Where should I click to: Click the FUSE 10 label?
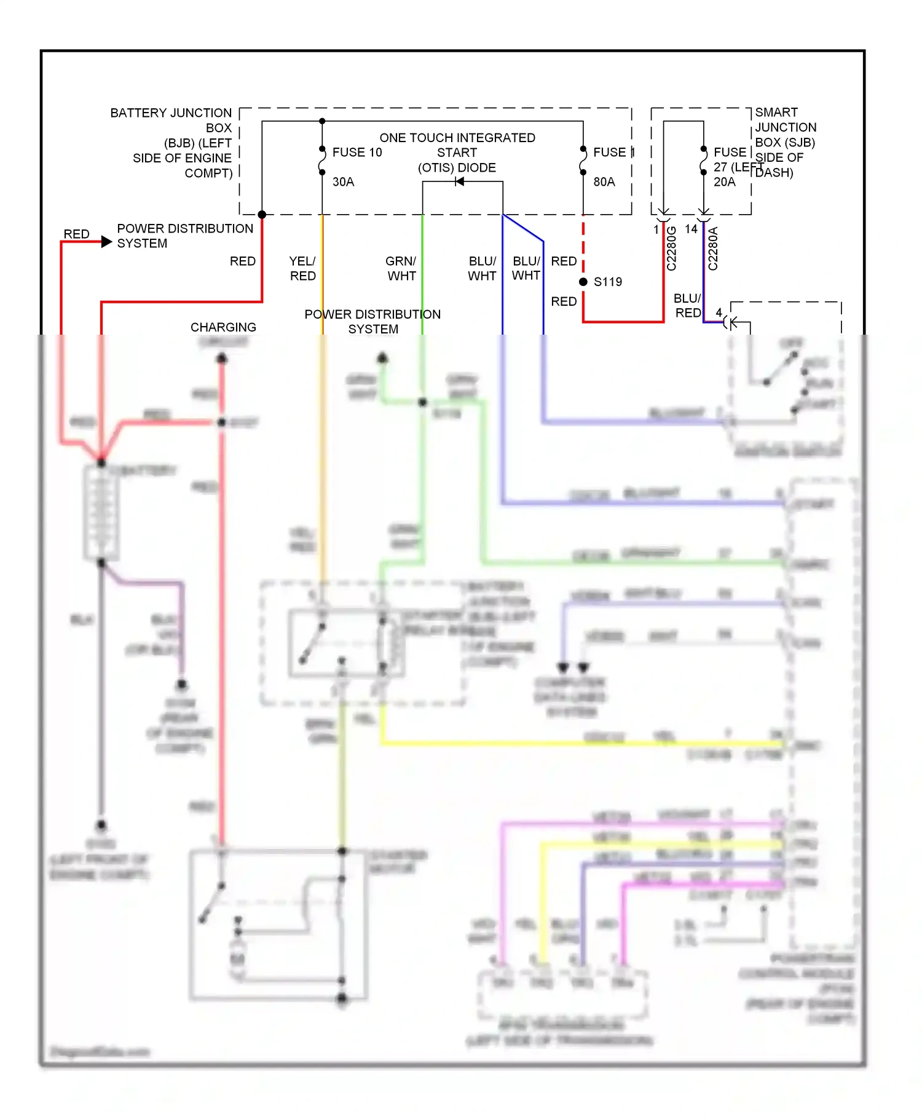[357, 152]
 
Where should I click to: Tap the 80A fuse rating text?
[604, 182]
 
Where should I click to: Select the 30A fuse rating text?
[343, 182]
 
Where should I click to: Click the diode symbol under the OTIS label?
[459, 181]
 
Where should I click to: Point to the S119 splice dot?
[583, 282]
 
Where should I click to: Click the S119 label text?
[608, 282]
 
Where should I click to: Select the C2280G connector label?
[671, 249]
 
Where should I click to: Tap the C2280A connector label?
[713, 249]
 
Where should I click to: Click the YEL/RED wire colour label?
[302, 268]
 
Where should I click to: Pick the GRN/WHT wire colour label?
[401, 268]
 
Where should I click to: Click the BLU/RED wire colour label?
[687, 306]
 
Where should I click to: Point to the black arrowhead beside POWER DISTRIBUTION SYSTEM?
[106, 242]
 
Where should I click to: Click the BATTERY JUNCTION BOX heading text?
[171, 113]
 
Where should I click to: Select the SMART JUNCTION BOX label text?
[785, 127]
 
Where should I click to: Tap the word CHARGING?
[223, 327]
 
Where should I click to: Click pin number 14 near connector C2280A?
[691, 229]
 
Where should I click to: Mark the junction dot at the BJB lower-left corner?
[262, 215]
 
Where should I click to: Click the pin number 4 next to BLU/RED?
[719, 313]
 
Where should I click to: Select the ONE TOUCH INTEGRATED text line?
[457, 138]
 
